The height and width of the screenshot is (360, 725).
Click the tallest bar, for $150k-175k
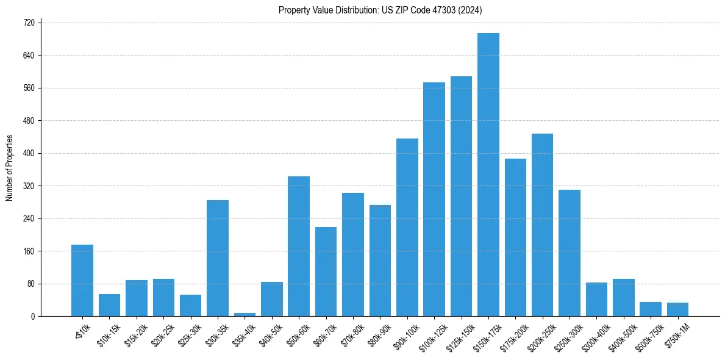[x=488, y=175]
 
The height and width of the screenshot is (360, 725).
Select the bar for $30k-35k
[x=218, y=258]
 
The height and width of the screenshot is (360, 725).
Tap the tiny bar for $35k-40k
[x=245, y=314]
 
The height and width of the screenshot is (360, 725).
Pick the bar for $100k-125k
[x=434, y=200]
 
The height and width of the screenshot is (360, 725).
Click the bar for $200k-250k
[x=542, y=225]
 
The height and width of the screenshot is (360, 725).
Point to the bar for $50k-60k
[x=299, y=247]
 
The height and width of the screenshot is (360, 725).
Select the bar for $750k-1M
[x=677, y=309]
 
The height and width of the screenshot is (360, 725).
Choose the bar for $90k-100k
[x=407, y=228]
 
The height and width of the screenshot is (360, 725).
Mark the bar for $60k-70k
[x=326, y=272]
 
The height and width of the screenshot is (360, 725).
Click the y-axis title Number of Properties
[x=10, y=168]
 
